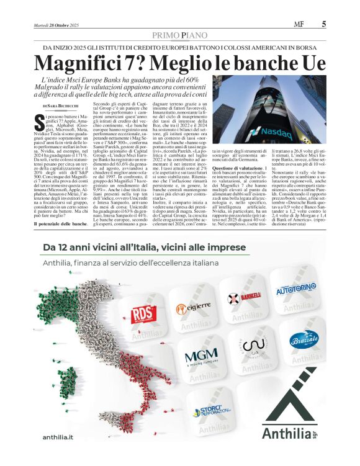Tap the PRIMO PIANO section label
(x=179, y=36)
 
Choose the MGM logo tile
(x=200, y=358)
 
